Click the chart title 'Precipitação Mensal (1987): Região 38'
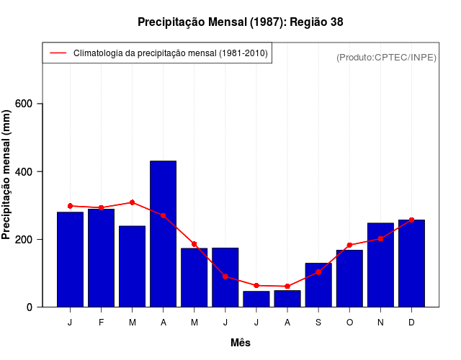240,22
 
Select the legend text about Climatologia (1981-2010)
171,53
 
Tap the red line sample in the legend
58,53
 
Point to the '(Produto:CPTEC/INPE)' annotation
386,58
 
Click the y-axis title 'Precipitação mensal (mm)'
7,174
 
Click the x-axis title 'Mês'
241,343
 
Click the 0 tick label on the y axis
30,307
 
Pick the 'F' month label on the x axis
102,323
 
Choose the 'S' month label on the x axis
318,323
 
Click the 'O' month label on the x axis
349,323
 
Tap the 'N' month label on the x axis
380,323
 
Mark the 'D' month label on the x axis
411,323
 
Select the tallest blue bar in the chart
164,234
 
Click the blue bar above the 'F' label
102,258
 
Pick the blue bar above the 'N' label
380,265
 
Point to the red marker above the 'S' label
318,272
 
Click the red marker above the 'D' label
411,220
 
